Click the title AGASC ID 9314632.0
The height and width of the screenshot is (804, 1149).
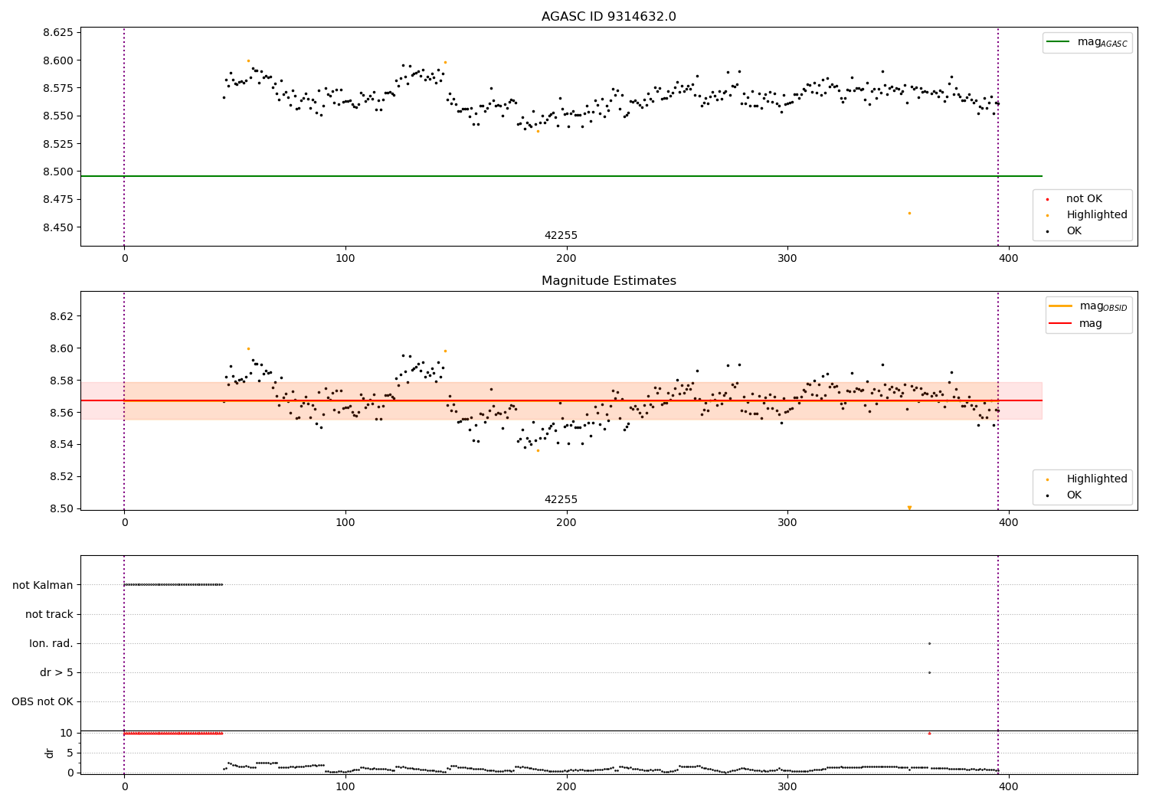point(608,17)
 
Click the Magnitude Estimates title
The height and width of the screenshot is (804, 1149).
point(608,281)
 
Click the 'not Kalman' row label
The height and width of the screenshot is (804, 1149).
point(43,585)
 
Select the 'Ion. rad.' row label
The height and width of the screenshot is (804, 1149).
point(51,644)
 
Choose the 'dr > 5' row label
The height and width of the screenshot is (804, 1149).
point(57,673)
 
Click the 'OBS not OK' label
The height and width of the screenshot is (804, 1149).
point(42,702)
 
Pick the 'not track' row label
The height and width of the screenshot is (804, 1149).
point(49,614)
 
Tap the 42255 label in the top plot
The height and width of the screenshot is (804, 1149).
point(561,236)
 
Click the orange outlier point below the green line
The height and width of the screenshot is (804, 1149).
point(909,213)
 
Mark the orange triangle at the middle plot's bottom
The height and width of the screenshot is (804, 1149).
point(909,508)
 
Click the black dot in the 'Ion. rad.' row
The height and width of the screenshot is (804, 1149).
point(929,643)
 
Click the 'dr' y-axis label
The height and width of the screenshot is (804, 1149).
point(50,753)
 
